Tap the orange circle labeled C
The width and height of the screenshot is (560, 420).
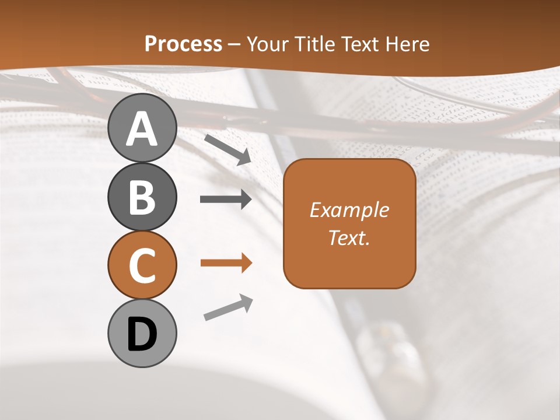pyautogui.click(x=142, y=265)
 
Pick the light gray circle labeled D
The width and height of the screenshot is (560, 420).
pyautogui.click(x=142, y=334)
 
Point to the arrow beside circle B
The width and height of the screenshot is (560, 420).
pyautogui.click(x=226, y=199)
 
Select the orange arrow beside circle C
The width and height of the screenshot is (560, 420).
pyautogui.click(x=226, y=263)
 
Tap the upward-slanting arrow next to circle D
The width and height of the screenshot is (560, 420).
pyautogui.click(x=228, y=307)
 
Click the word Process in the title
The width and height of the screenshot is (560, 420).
pyautogui.click(x=183, y=44)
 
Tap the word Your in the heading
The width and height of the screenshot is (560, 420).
pyautogui.click(x=268, y=44)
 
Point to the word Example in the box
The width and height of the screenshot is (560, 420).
pyautogui.click(x=349, y=210)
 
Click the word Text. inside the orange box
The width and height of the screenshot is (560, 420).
pyautogui.click(x=349, y=237)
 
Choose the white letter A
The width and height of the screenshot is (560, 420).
pyautogui.click(x=142, y=129)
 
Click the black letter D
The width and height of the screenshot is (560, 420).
pyautogui.click(x=142, y=335)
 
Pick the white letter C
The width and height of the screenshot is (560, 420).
pyautogui.click(x=142, y=267)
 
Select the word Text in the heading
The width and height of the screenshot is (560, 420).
pyautogui.click(x=360, y=44)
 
